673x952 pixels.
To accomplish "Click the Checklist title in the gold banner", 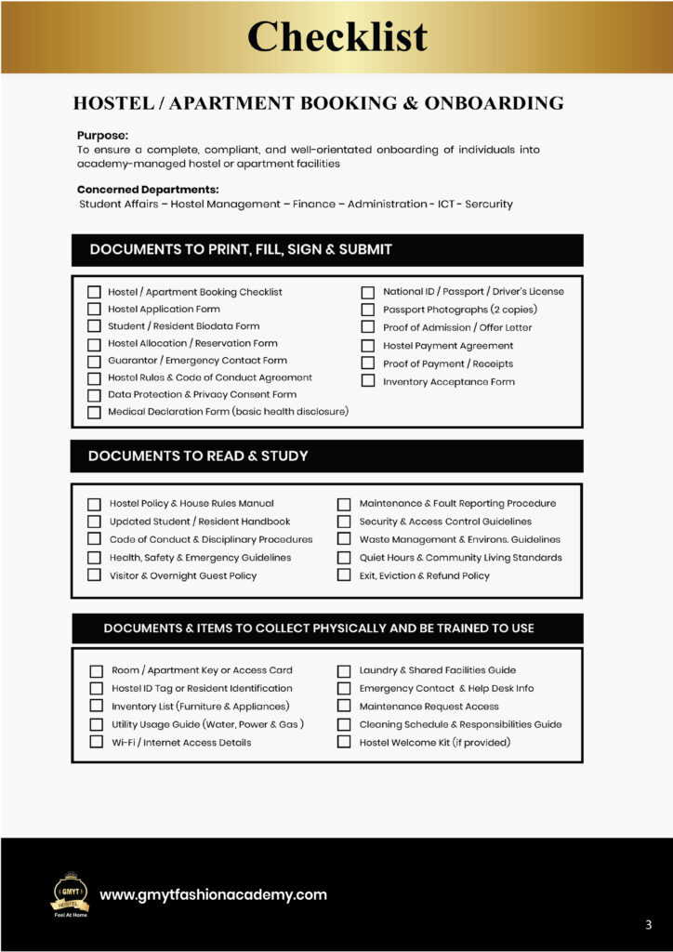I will point(336,37).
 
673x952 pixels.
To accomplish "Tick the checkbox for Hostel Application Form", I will point(94,309).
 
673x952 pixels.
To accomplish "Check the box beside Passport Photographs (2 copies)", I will point(367,310).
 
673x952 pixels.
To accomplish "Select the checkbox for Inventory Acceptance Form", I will point(367,381).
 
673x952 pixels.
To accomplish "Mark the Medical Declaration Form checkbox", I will point(94,412).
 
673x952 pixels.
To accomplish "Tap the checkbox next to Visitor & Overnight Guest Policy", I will point(94,575).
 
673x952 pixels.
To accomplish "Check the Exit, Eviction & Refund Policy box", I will point(344,575).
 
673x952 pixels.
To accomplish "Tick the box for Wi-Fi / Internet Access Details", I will point(96,742).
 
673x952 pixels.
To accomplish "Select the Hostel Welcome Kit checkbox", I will point(344,742).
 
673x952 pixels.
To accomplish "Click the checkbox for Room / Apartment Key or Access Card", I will point(96,670).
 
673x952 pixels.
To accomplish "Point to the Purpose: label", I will point(102,135).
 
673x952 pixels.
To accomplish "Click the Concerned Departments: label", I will point(148,190).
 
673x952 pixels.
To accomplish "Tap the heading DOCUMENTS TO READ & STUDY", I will point(198,456).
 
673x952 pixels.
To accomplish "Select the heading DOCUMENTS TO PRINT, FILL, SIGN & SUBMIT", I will point(241,249).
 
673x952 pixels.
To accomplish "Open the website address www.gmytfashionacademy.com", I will point(213,894).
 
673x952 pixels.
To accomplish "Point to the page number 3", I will point(648,924).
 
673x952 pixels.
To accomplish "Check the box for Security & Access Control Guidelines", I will point(344,522).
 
